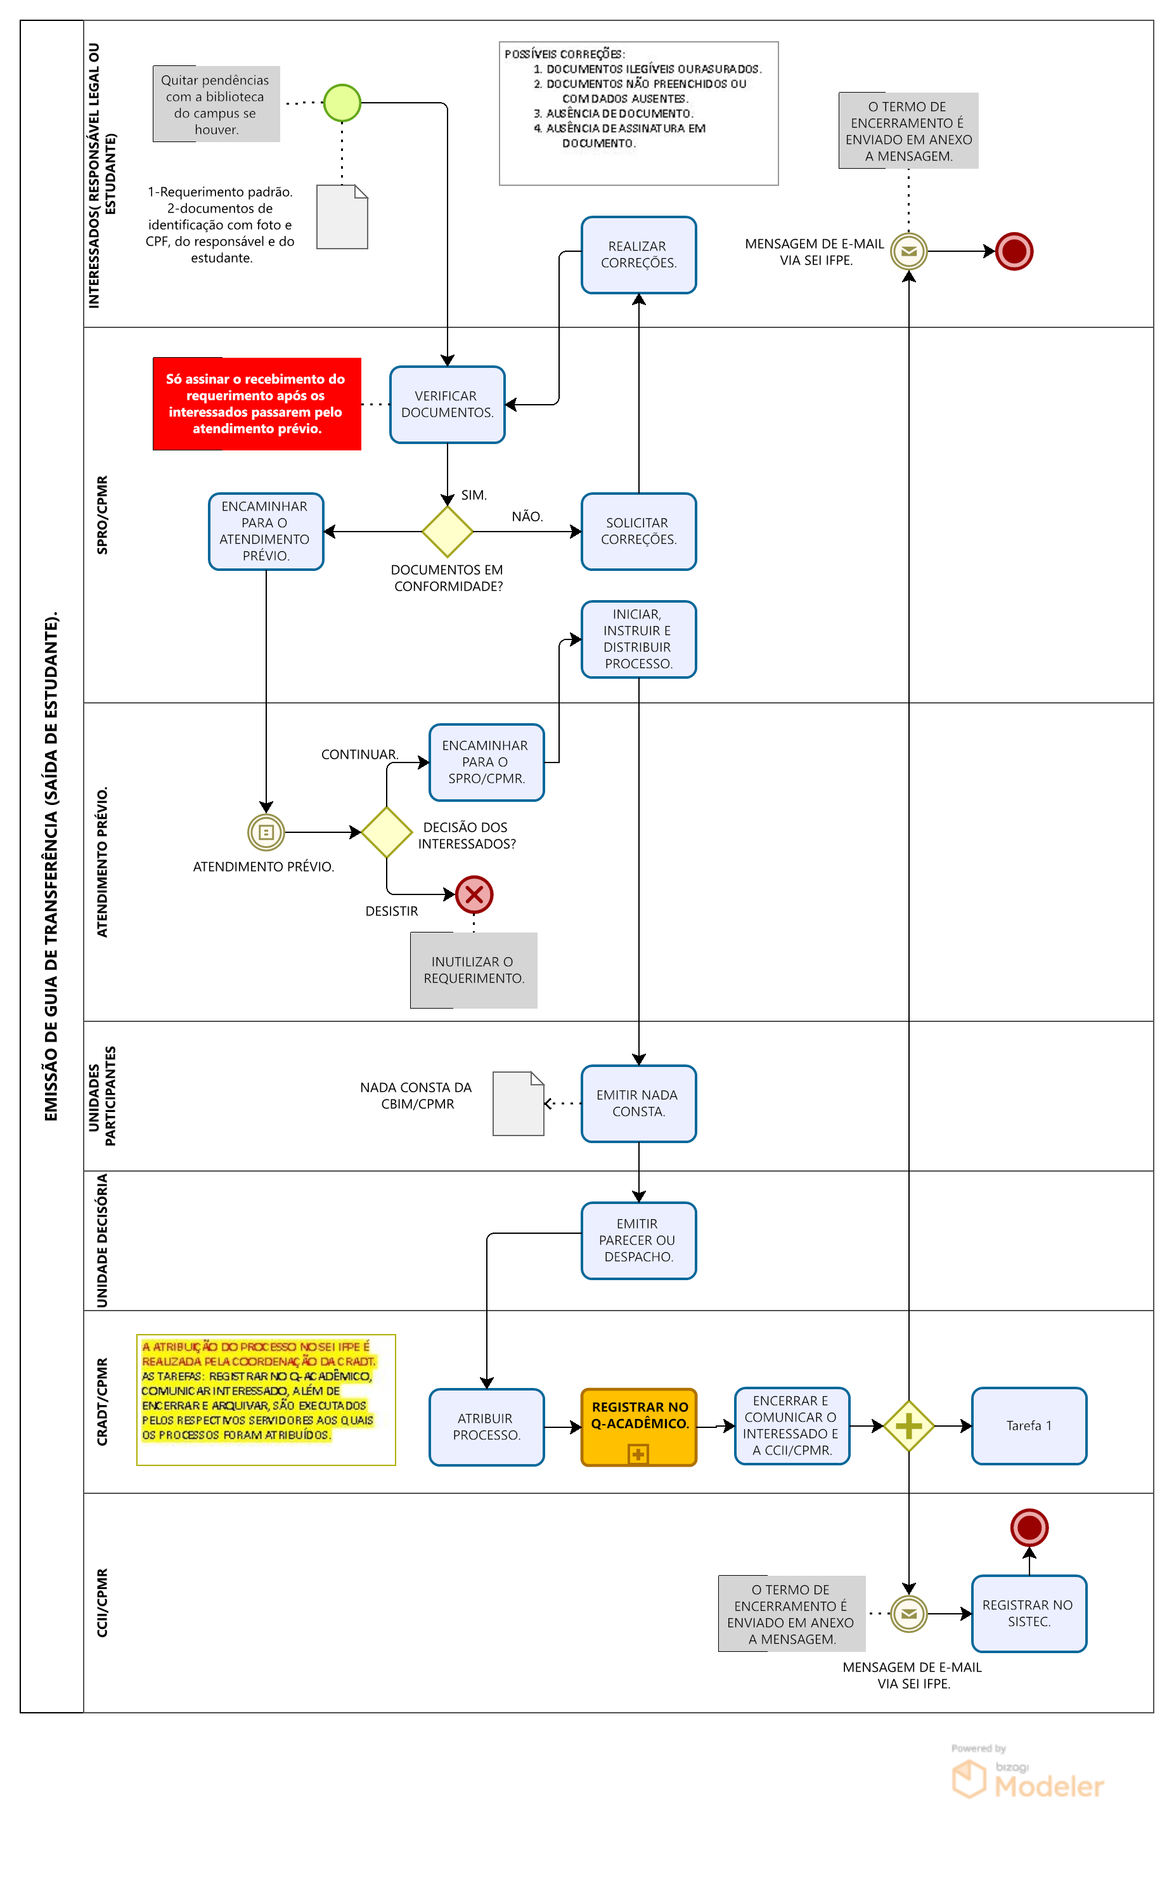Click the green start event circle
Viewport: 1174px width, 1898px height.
pos(342,103)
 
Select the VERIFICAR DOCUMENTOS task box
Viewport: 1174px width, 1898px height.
pos(448,405)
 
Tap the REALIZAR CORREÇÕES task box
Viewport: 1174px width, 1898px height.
pos(638,255)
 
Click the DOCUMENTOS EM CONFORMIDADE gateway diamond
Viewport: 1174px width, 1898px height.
pos(448,532)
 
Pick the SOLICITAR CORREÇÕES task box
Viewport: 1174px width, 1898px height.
pos(638,532)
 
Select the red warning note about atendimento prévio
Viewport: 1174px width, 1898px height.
pos(257,404)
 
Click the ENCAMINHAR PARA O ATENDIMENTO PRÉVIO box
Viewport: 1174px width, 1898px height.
pos(266,532)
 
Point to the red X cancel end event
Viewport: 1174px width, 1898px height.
pos(474,894)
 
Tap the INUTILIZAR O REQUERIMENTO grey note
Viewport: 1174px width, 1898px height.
pos(474,971)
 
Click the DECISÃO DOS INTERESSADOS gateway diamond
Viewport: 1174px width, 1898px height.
pos(387,832)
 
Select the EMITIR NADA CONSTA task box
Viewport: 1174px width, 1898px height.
pos(638,1103)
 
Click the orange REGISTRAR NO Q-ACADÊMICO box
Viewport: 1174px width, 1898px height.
pos(638,1427)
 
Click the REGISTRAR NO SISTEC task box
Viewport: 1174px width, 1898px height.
pos(1029,1614)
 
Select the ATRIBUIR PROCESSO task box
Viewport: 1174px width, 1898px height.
pos(486,1427)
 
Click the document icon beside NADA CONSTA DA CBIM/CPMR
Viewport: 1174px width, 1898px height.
pos(518,1103)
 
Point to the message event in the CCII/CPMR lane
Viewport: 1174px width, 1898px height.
pos(908,1614)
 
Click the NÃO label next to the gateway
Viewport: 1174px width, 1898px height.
pos(527,516)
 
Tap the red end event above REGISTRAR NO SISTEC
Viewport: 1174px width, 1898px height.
pos(1029,1528)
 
